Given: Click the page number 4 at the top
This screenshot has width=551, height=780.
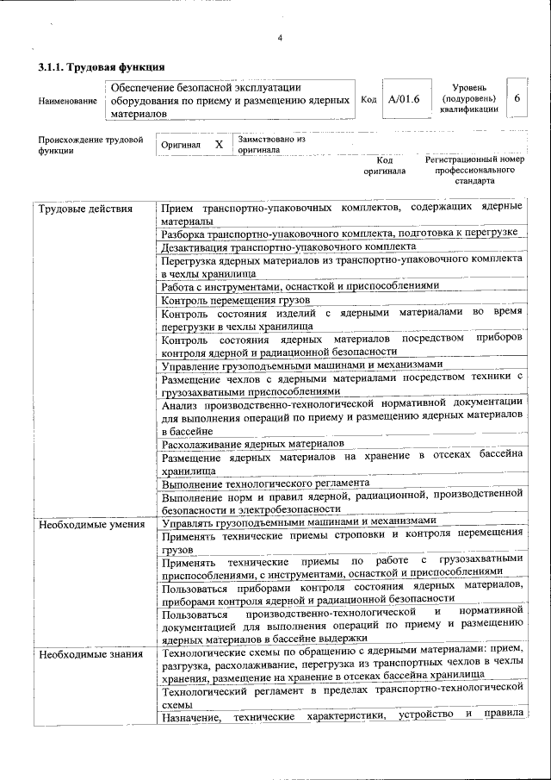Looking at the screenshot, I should point(280,37).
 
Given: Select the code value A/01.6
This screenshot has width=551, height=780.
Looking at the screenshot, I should point(403,100).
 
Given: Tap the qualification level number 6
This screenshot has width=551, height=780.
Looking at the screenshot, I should point(517,99).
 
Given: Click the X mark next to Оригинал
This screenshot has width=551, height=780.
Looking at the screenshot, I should point(219,145).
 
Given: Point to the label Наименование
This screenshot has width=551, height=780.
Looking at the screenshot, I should point(67,101).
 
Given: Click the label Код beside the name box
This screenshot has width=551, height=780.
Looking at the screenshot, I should point(368,100).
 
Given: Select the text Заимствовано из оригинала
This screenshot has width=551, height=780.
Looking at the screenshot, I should point(271,144).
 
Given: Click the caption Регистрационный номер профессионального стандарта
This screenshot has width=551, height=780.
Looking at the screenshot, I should point(474,171).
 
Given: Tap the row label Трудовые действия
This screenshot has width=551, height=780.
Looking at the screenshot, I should point(84,209).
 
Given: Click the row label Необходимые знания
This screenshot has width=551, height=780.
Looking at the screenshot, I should point(90,654).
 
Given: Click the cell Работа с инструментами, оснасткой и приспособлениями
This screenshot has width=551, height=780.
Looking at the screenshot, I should point(300,285).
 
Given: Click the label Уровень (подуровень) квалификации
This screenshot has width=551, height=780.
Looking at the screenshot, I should point(468,99).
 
